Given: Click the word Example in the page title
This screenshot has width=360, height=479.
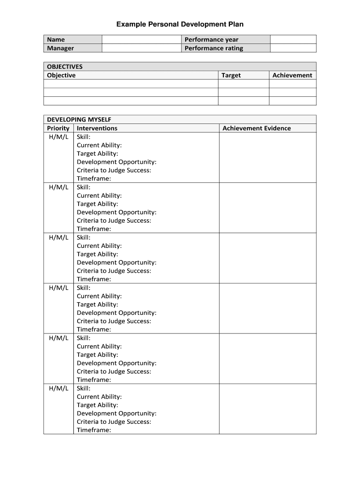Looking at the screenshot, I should click(x=131, y=24).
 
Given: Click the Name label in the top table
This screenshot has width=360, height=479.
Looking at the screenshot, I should click(x=56, y=40).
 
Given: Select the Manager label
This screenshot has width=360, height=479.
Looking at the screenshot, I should click(x=60, y=48).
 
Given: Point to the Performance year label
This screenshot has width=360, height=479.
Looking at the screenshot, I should click(x=211, y=40).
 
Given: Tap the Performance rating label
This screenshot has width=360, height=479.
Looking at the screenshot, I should click(x=214, y=48).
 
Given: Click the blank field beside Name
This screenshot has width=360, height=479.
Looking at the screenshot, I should click(x=142, y=40).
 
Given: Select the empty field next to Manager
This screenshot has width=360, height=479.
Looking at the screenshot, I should click(x=142, y=48).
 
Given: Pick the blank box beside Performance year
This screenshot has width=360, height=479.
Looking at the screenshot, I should click(x=293, y=40).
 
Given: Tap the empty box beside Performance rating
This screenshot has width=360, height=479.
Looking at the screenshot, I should click(x=293, y=48).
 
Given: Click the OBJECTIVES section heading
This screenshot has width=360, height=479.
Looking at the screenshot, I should click(x=65, y=66).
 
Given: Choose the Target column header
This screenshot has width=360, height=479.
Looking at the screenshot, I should click(x=231, y=75).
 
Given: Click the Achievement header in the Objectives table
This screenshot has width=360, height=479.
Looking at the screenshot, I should click(x=292, y=75).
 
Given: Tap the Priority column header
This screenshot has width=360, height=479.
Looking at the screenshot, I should click(x=58, y=128).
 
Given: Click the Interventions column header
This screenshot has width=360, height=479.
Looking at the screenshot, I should click(x=97, y=128).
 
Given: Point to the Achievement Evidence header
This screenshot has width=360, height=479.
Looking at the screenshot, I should click(x=257, y=128).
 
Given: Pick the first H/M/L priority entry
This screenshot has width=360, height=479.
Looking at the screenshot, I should click(x=58, y=137).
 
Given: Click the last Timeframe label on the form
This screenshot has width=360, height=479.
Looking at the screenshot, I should click(x=94, y=430).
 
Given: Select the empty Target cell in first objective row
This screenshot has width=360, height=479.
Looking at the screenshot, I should click(x=244, y=84).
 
